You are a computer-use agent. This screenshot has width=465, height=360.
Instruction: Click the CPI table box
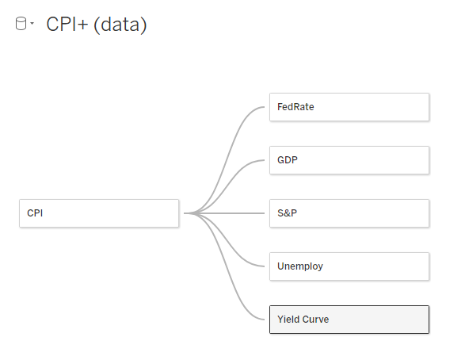(99, 213)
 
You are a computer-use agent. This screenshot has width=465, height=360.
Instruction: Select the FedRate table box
(349, 107)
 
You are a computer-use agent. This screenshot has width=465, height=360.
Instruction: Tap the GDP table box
(349, 160)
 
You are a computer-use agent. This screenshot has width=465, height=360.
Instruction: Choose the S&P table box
(349, 213)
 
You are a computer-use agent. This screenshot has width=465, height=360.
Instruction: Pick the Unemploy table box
(349, 266)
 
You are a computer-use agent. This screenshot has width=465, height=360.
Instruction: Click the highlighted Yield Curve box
(349, 320)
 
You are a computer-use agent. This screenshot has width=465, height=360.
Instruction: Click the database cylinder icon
(21, 24)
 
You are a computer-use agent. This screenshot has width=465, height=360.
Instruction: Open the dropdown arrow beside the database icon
(32, 23)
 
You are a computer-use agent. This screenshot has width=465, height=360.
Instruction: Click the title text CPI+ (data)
(97, 25)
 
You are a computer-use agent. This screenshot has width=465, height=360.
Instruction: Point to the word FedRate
(295, 107)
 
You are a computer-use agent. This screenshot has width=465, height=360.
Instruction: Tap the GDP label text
(287, 160)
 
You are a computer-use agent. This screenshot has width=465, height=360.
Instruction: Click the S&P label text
(287, 213)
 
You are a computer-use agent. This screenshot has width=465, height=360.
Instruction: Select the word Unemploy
(299, 266)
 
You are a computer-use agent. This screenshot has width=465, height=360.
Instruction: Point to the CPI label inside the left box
(35, 213)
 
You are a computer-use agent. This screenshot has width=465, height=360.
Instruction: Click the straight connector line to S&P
(224, 213)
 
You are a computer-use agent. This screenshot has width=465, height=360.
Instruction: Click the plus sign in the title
(82, 25)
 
